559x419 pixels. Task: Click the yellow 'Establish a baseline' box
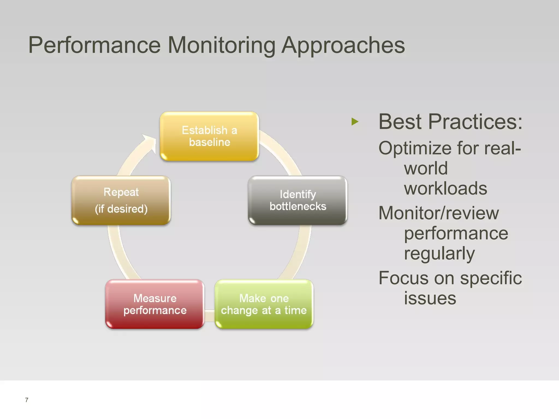[x=209, y=136]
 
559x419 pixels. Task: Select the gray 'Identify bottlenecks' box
[x=298, y=200]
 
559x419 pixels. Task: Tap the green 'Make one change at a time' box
[x=264, y=304]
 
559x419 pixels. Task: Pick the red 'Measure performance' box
[x=155, y=304]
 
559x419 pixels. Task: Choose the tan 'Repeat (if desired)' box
[x=121, y=200]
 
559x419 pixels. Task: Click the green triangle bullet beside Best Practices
[x=355, y=122]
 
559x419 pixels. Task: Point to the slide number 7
[x=26, y=400]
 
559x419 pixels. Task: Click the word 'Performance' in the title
[x=94, y=45]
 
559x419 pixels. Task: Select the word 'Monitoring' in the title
[x=221, y=45]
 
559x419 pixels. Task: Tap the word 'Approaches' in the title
[x=343, y=45]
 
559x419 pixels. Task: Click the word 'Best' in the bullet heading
[x=400, y=122]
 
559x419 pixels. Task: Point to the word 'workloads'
[x=445, y=188]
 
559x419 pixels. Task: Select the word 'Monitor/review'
[x=439, y=213]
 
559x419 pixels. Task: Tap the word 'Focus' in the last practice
[x=404, y=278]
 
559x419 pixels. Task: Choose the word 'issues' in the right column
[x=430, y=298]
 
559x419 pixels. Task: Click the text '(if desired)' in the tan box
[x=121, y=209]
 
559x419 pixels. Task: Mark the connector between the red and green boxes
[x=209, y=315]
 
